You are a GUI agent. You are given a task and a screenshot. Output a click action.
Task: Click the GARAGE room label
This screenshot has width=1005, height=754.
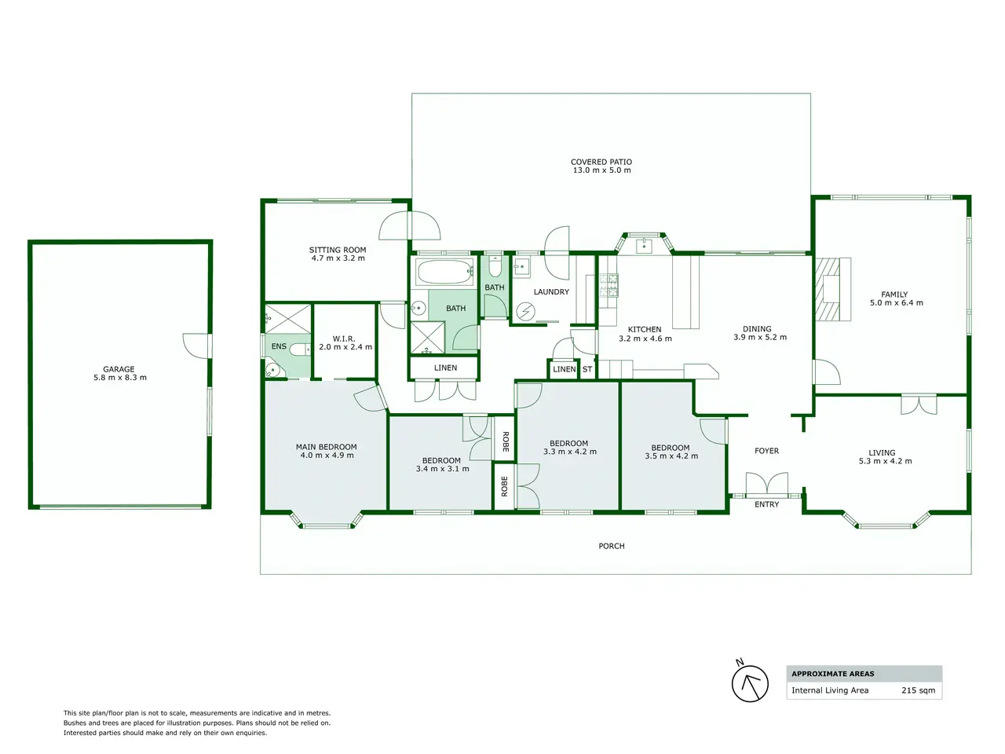click(119, 369)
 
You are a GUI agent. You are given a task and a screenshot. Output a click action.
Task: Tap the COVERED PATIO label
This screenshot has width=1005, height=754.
click(601, 162)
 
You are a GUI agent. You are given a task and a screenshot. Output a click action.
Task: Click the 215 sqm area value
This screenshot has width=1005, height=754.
click(918, 690)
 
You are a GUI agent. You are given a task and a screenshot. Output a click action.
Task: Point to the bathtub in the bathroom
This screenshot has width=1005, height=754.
click(444, 272)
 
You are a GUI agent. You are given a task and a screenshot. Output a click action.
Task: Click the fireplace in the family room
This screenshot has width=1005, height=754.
click(832, 289)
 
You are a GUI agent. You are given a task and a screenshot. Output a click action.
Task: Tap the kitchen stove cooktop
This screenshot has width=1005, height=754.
click(608, 285)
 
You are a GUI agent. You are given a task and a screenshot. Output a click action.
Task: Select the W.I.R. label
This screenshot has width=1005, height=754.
click(344, 339)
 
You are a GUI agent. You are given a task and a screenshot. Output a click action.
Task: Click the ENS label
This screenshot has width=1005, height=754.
click(279, 346)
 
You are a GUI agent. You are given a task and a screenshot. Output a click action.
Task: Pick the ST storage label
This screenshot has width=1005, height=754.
click(587, 369)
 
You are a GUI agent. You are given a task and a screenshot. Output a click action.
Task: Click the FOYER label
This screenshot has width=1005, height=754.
click(766, 451)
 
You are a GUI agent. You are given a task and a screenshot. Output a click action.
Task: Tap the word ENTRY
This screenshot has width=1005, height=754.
click(766, 504)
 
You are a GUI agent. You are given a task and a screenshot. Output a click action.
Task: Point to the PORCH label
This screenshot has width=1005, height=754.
click(611, 546)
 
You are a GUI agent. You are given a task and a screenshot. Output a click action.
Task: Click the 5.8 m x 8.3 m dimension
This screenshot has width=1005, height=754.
click(120, 378)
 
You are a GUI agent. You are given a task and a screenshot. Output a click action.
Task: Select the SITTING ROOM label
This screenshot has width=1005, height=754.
click(338, 250)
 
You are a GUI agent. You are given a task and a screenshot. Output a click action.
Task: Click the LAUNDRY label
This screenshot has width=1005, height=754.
click(551, 291)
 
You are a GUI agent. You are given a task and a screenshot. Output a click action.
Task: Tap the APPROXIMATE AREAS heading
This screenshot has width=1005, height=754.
click(833, 673)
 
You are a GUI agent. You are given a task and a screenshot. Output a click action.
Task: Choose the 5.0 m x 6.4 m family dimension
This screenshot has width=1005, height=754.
click(897, 302)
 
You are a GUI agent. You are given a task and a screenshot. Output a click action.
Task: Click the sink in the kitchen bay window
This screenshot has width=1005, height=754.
click(644, 245)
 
